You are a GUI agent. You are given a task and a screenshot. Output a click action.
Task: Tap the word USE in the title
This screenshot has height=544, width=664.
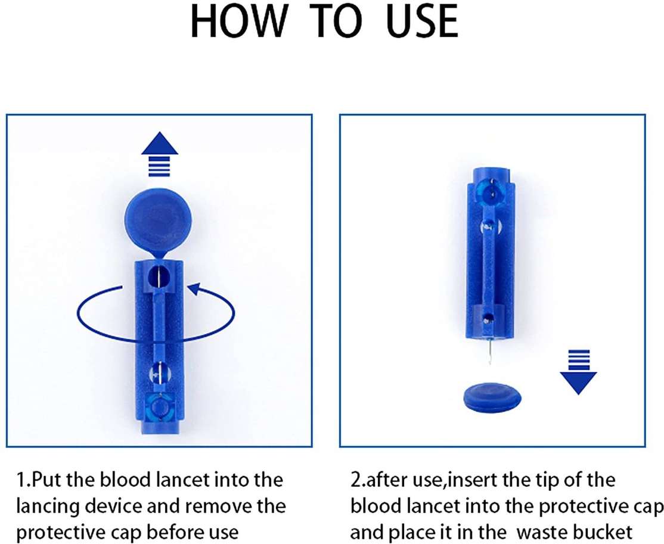click(x=417, y=23)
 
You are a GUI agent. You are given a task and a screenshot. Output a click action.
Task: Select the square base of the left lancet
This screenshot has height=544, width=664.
click(x=158, y=411)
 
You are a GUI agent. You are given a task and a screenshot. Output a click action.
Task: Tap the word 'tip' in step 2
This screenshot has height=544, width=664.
click(x=534, y=480)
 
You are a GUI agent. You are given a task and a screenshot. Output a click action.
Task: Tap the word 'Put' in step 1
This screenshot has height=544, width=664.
click(x=46, y=480)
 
